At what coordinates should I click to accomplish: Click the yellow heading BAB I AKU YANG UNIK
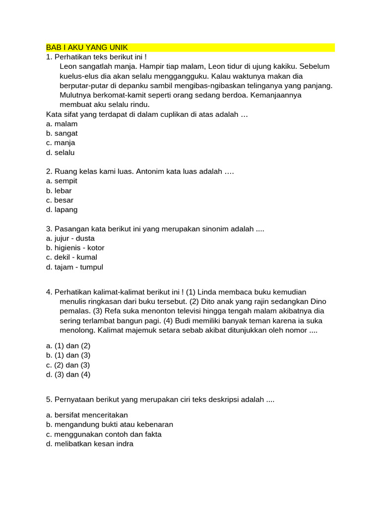tap(87, 48)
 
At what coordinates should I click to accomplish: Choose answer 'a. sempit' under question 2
tap(62, 181)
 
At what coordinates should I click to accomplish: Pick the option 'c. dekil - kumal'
tap(71, 257)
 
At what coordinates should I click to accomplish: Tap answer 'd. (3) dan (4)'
tap(68, 375)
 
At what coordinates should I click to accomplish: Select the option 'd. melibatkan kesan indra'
tap(90, 444)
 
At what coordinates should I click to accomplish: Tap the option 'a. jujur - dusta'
tap(70, 239)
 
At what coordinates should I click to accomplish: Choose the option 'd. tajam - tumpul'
tap(74, 267)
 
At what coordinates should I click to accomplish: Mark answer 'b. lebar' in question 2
tap(59, 191)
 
